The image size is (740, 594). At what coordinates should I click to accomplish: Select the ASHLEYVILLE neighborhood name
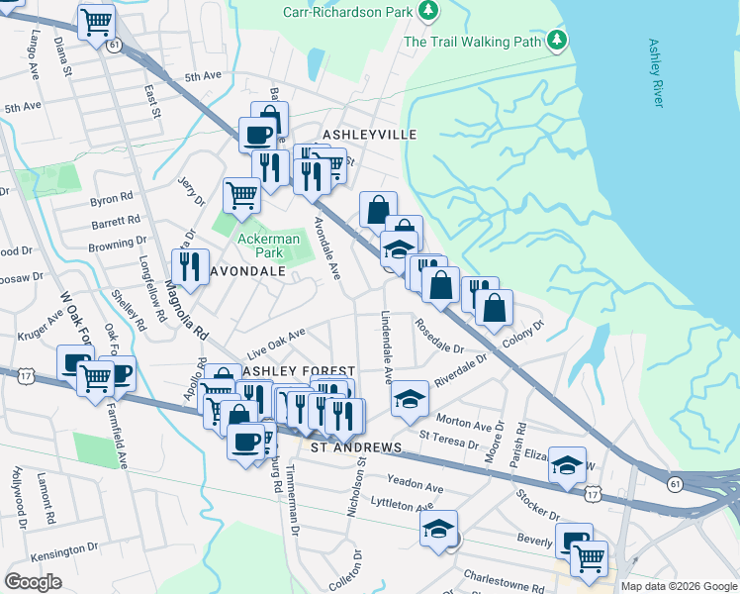(x=369, y=134)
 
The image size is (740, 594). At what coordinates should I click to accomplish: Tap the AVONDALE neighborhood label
(x=244, y=270)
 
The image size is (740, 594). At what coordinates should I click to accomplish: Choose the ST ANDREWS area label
(x=356, y=447)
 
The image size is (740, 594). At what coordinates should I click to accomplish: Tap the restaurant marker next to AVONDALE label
(x=187, y=266)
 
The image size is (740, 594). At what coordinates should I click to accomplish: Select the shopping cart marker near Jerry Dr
(x=240, y=195)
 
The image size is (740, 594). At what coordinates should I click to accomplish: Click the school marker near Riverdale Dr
(x=410, y=398)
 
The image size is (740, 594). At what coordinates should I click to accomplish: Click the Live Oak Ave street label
(x=277, y=346)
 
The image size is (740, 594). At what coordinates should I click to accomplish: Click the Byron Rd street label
(x=111, y=199)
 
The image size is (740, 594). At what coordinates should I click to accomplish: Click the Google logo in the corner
(x=34, y=582)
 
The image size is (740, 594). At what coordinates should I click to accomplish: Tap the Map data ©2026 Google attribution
(x=679, y=586)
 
